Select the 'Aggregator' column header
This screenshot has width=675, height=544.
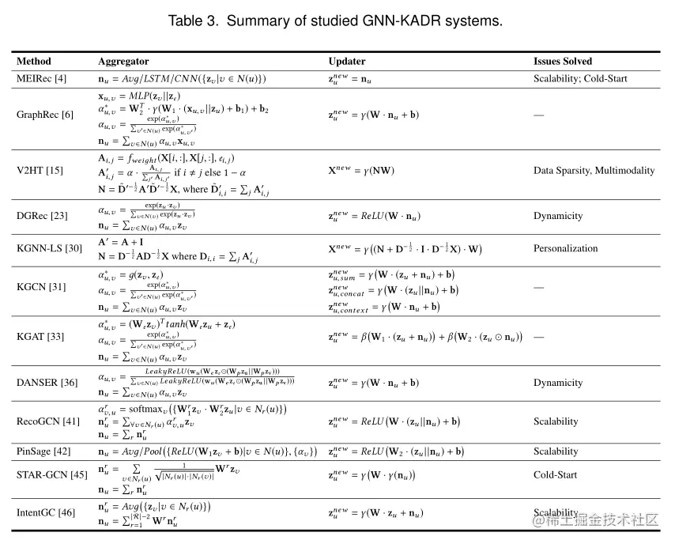123,61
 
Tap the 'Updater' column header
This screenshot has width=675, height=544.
347,61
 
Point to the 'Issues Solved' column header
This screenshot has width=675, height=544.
562,61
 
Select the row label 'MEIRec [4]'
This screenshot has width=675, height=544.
42,79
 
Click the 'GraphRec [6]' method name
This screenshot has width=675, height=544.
45,115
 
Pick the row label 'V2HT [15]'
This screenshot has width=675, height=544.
40,170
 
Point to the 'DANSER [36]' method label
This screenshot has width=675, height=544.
47,383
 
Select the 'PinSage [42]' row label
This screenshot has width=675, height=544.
44,451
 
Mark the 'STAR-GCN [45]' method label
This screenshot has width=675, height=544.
52,475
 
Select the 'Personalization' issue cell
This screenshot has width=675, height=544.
566,248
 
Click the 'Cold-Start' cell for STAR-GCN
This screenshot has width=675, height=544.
556,475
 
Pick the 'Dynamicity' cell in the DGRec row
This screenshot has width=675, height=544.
558,216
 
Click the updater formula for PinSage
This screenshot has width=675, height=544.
396,451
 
